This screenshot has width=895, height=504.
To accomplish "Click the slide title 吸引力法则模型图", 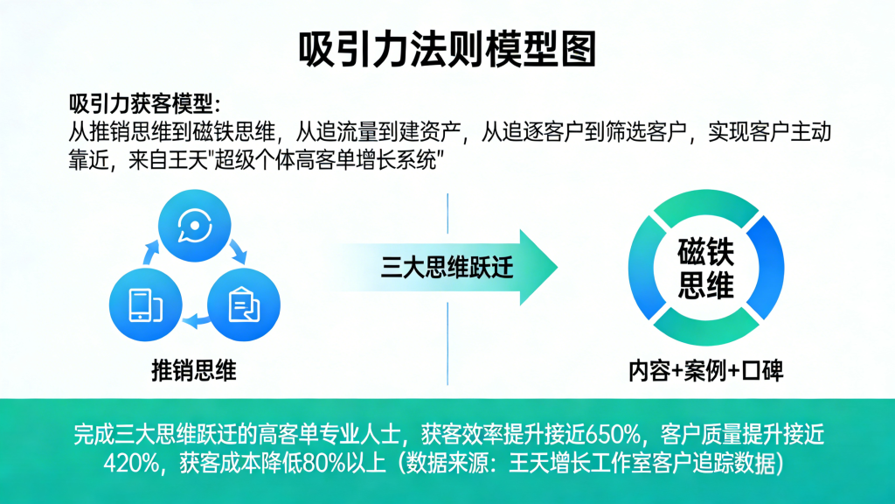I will pyautogui.click(x=447, y=48).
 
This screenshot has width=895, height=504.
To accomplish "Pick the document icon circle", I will pyautogui.click(x=242, y=304).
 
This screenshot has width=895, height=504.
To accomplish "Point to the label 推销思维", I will pyautogui.click(x=193, y=370).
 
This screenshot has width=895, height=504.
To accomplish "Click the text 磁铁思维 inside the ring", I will pyautogui.click(x=705, y=269).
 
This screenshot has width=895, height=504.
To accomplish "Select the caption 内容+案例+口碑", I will pyautogui.click(x=705, y=370).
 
